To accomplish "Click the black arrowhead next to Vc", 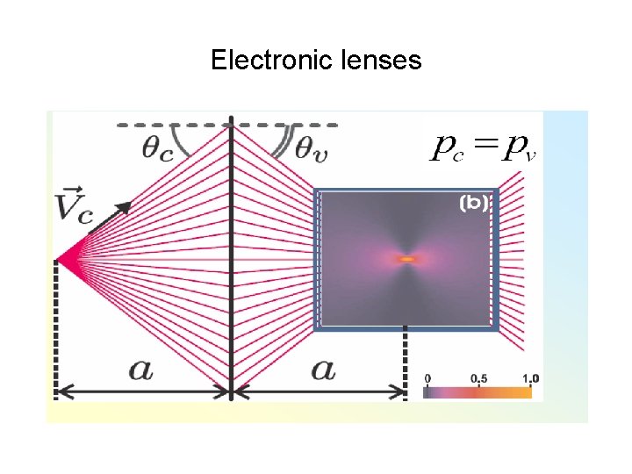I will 124,207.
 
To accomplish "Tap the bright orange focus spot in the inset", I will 406,259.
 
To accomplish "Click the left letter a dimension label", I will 141,369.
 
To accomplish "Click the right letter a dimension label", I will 323,369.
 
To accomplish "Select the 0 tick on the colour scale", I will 427,378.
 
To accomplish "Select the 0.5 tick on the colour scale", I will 479,378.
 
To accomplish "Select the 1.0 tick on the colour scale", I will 529,378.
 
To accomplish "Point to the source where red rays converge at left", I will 58,261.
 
